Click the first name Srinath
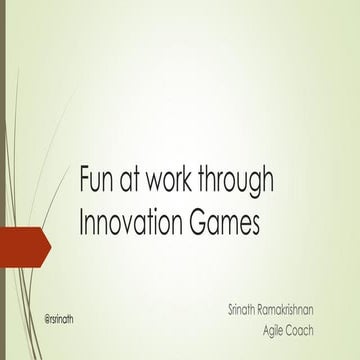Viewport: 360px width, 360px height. [247, 312]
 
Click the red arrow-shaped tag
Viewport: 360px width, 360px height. [22, 242]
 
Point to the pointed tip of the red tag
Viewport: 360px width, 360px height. [49, 242]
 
